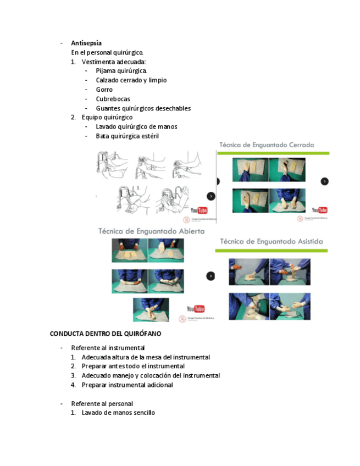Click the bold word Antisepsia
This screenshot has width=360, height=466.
coord(86,43)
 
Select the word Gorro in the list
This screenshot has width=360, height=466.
coord(104,90)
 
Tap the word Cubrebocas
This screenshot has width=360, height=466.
coord(113,99)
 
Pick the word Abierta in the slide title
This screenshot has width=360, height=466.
coord(187,231)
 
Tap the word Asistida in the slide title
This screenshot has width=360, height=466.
coord(306,241)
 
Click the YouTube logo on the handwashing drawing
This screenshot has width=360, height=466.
coord(199,210)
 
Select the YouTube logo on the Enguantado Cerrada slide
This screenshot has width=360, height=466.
coord(319,210)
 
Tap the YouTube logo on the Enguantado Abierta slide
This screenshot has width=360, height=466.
coord(195,309)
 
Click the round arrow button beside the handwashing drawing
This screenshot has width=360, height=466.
coord(211,196)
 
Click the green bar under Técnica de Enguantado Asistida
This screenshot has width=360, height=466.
coord(272,251)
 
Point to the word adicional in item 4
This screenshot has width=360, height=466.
coord(158,385)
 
